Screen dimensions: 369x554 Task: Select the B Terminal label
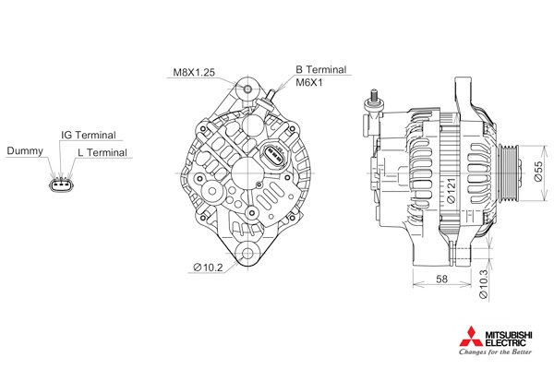pyautogui.click(x=320, y=69)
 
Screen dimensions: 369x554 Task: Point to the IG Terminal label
pyautogui.click(x=88, y=135)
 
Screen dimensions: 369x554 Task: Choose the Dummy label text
pyautogui.click(x=24, y=150)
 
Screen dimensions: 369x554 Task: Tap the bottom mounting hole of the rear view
pyautogui.click(x=247, y=256)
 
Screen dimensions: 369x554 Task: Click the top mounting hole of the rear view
pyautogui.click(x=247, y=89)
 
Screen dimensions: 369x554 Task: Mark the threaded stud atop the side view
pyautogui.click(x=374, y=96)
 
